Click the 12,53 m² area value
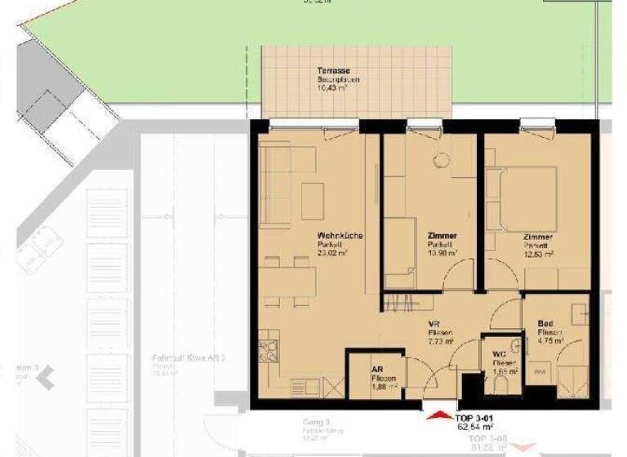(539, 254)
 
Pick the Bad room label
(546, 324)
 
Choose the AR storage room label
(378, 370)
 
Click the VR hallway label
(436, 324)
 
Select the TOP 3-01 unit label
(475, 415)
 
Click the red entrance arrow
(439, 418)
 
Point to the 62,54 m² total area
(475, 426)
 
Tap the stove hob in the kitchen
(269, 350)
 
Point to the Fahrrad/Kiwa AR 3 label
(188, 358)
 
